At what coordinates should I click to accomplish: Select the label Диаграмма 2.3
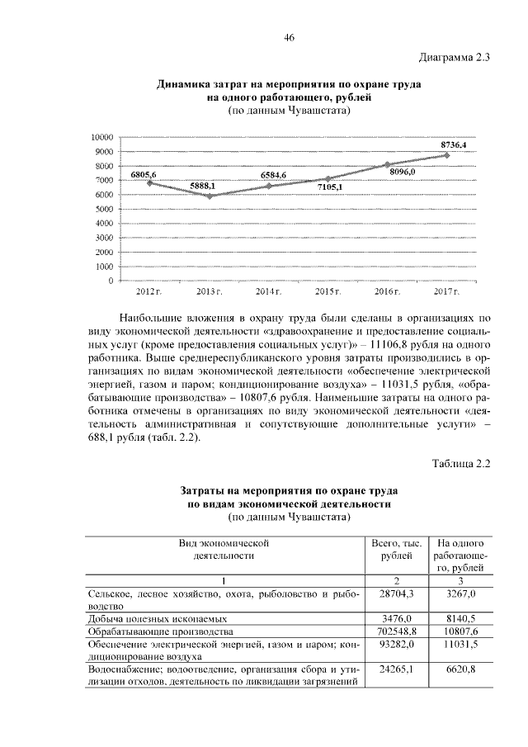click(x=455, y=57)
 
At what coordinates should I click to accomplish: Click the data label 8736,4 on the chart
click(x=453, y=145)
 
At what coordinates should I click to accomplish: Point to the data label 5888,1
click(x=203, y=187)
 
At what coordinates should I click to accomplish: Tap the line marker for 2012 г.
click(x=149, y=182)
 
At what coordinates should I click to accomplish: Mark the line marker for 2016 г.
click(x=388, y=164)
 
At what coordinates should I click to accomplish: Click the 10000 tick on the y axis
click(x=101, y=137)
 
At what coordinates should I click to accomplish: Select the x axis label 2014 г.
click(x=269, y=292)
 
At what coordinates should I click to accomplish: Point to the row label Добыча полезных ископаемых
click(x=158, y=617)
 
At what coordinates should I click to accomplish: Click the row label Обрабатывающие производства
click(x=156, y=630)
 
